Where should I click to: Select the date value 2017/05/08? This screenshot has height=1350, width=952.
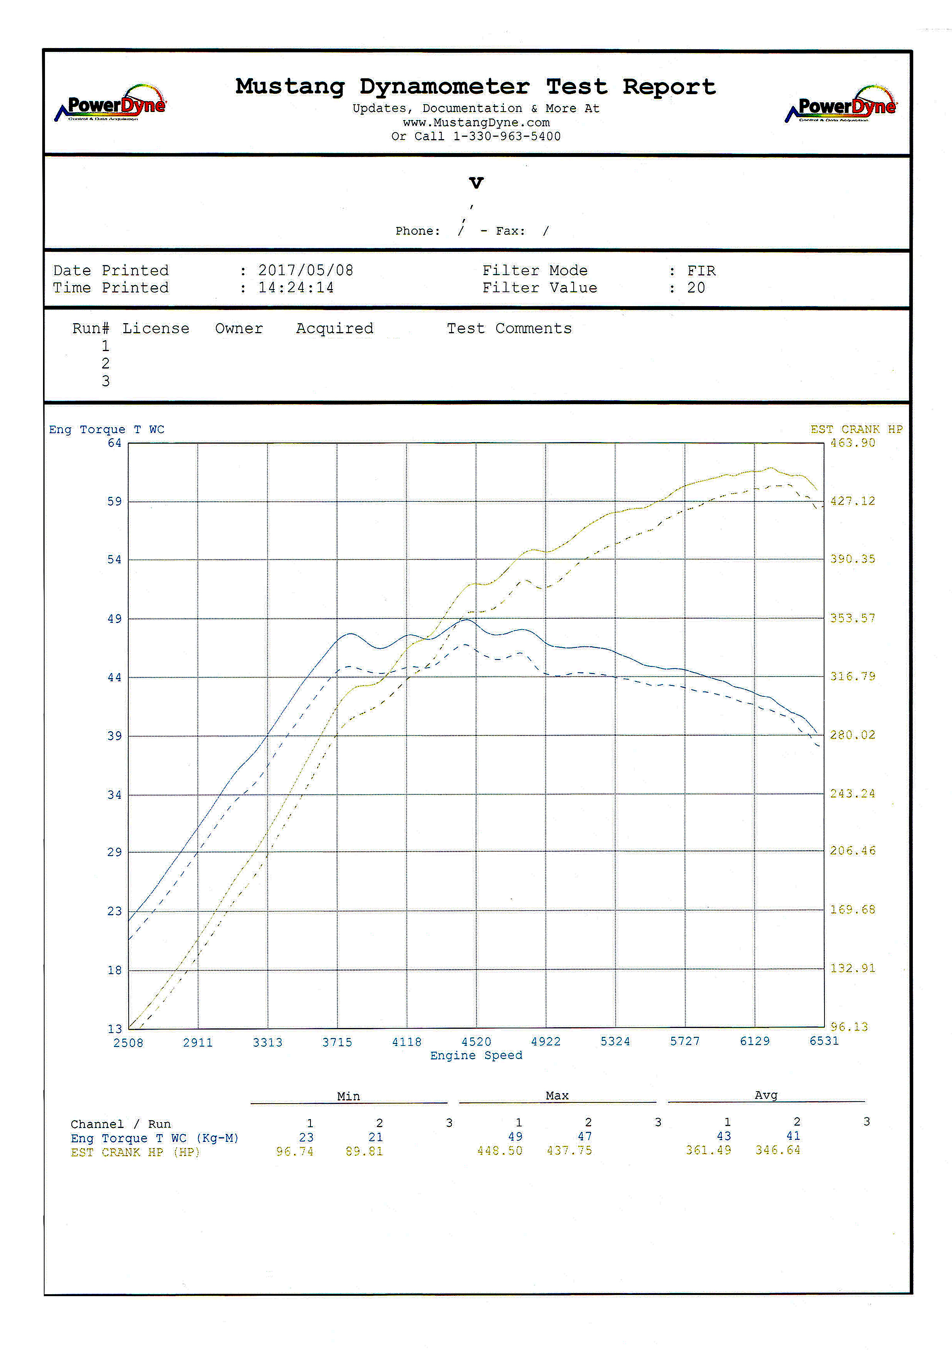[306, 270]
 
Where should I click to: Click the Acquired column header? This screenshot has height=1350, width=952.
[335, 329]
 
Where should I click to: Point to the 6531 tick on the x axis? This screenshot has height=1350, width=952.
[824, 1041]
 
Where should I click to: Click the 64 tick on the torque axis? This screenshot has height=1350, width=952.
[115, 443]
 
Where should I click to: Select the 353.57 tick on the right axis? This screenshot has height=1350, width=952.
[852, 618]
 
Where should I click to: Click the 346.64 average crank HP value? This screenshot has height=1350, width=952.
[777, 1150]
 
